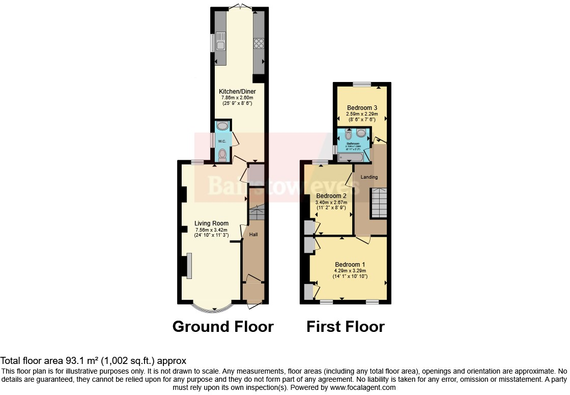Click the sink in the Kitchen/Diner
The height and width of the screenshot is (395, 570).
click(x=220, y=40)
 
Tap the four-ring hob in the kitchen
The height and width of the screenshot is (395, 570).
click(x=258, y=44)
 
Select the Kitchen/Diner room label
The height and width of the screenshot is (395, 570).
click(x=235, y=92)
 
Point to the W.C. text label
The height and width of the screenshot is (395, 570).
click(x=222, y=141)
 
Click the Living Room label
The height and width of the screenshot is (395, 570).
click(x=211, y=223)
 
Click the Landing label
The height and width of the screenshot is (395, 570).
click(x=369, y=177)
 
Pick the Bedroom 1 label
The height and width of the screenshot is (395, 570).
click(x=350, y=264)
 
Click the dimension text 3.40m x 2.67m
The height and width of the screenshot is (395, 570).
click(x=331, y=203)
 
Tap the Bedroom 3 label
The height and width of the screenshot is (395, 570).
click(x=362, y=108)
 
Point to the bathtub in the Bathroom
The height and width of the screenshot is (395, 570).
click(x=351, y=157)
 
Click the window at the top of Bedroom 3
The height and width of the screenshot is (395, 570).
click(x=362, y=84)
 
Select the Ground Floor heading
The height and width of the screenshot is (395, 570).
click(x=223, y=326)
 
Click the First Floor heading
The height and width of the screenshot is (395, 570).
click(x=345, y=326)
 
